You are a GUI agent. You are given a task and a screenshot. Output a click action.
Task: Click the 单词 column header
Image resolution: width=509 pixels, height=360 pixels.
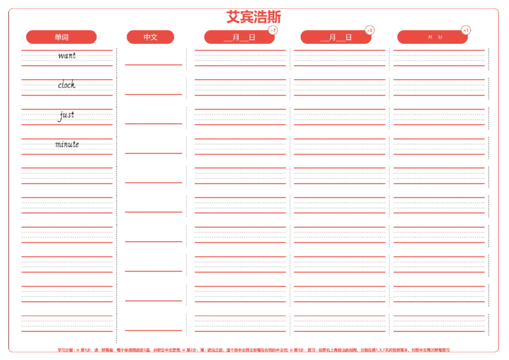pos(62,38)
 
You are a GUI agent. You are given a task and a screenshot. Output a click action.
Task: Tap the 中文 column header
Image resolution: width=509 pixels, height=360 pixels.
pos(151,38)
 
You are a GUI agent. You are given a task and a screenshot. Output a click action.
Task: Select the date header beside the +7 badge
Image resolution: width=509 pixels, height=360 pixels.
pos(239,38)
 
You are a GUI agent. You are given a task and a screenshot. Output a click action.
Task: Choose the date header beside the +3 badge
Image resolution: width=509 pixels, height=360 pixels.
pos(335,38)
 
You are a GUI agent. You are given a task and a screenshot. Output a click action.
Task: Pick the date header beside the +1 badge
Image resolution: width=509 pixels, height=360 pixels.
pos(432,38)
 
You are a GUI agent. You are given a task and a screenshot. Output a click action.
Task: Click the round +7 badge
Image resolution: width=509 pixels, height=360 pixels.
pos(273,31)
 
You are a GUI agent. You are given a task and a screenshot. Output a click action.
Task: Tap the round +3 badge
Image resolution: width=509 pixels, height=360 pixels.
pos(370,31)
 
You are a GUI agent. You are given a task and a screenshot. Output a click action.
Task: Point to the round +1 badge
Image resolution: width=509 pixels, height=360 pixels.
pos(466,31)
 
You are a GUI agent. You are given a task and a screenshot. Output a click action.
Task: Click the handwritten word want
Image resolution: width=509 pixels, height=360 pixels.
pos(66,56)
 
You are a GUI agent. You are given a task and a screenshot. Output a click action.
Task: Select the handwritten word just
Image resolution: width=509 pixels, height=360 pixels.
pos(66,116)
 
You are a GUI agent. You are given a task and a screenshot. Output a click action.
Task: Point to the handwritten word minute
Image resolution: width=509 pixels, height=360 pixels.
pos(67,144)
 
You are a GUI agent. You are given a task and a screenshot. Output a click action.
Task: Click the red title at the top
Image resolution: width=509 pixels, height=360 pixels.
pos(254,17)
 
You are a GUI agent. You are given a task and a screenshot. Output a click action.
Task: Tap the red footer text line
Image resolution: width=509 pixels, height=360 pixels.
pos(254,349)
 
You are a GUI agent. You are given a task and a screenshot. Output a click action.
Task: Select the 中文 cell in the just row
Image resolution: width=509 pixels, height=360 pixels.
pos(153,116)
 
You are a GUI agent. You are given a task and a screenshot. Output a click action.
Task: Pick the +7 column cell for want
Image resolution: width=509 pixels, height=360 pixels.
pos(240,57)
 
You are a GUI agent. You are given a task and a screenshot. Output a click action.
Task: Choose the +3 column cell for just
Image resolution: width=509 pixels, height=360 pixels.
pos(339,117)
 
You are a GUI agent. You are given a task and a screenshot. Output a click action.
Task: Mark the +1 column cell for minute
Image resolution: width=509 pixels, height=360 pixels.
pos(438,147)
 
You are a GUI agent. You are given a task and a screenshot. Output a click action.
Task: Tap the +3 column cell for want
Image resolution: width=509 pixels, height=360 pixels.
pos(339,57)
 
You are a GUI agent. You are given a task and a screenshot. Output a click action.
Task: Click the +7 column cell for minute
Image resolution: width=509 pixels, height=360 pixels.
pos(240,147)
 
